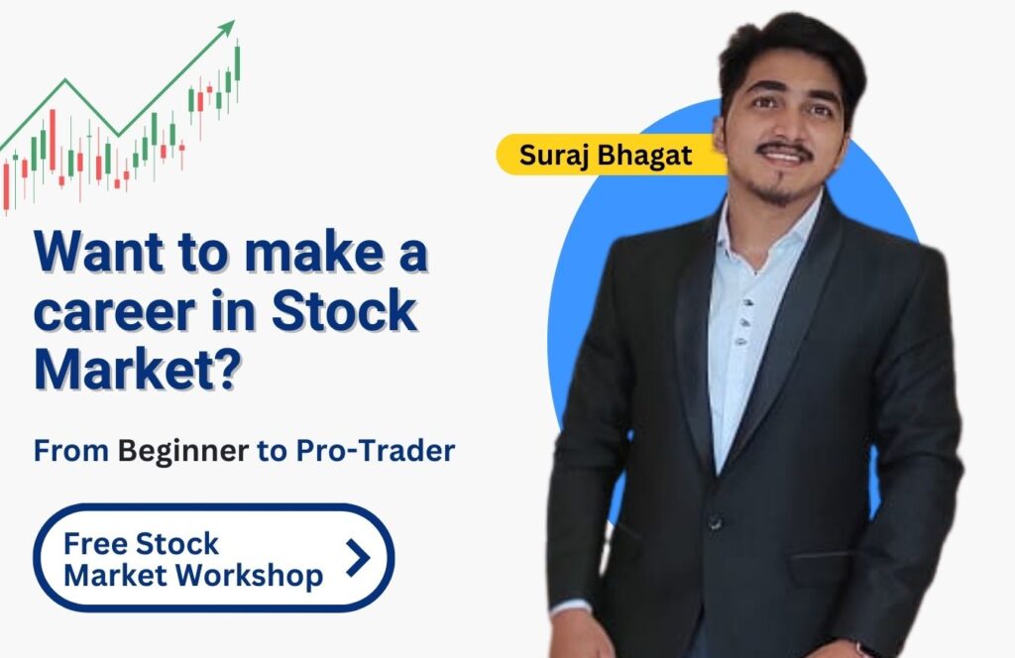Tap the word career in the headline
[114, 311]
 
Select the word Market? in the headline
[138, 369]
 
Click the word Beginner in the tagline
[183, 452]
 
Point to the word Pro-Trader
[376, 450]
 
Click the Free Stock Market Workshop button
[214, 558]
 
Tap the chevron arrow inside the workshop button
[358, 558]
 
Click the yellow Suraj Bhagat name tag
[609, 155]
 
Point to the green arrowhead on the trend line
[227, 29]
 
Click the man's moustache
[785, 150]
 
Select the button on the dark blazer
[715, 521]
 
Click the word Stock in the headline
[344, 311]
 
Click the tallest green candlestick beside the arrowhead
[238, 62]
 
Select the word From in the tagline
[71, 451]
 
